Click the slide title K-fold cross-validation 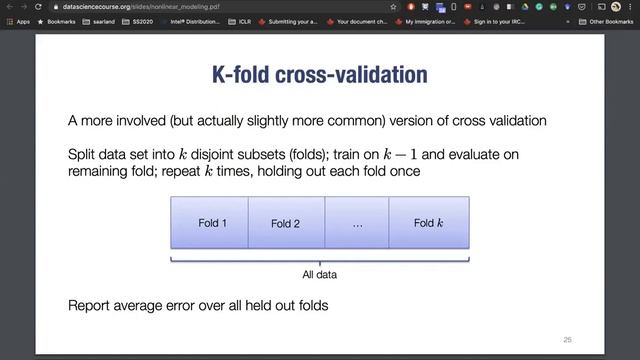point(319,75)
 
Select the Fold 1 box point(211,222)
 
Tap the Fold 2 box point(285,223)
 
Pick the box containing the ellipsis point(357,223)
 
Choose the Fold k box point(429,222)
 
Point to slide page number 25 point(567,339)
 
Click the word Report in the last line point(87,304)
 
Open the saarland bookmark point(104,21)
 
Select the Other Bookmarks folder point(609,21)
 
